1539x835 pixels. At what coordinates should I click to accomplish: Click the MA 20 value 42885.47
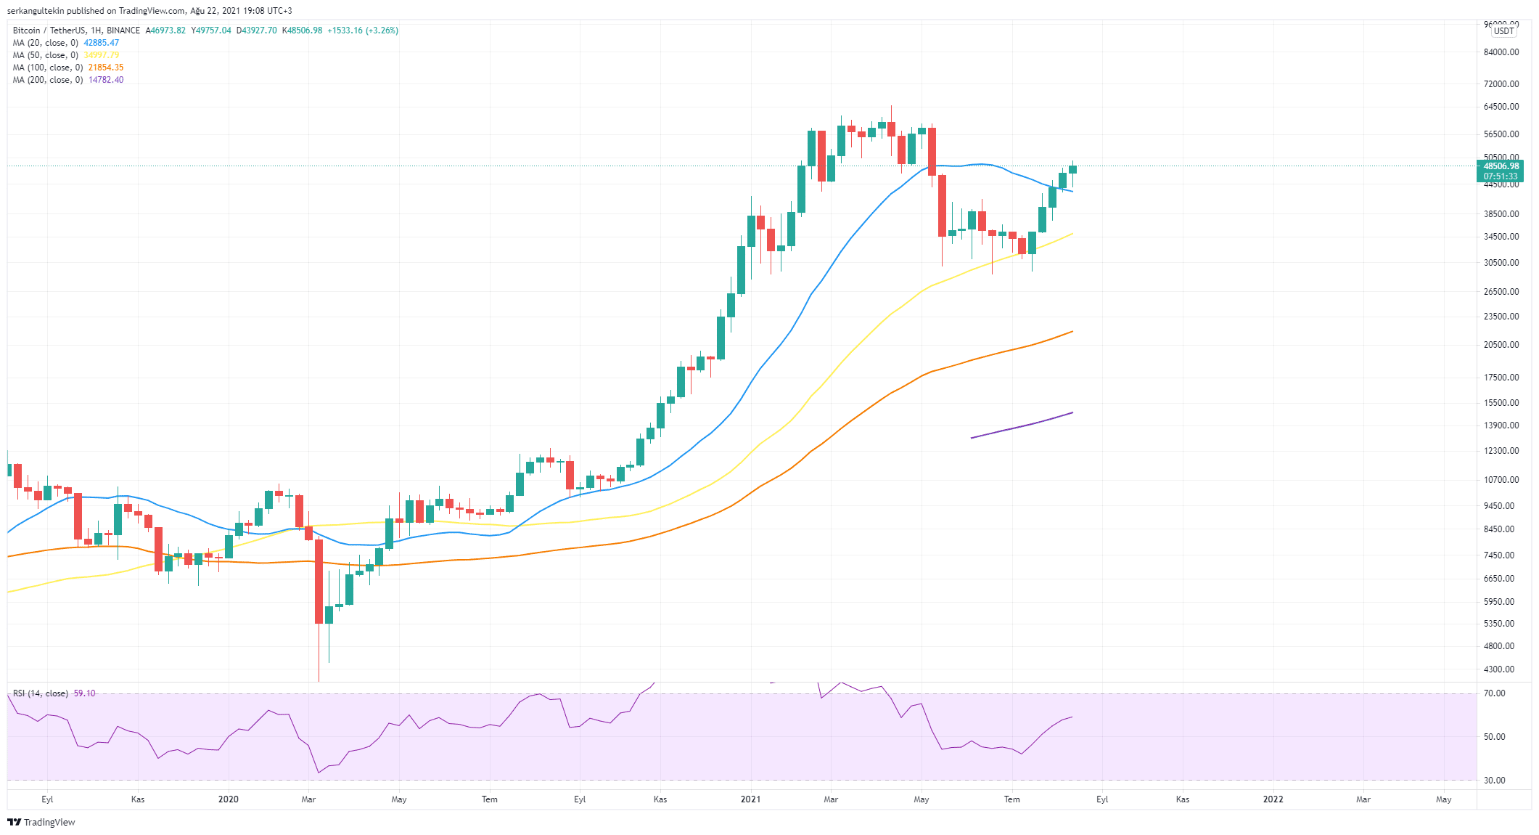tap(101, 43)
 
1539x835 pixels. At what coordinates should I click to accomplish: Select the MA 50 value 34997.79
tap(101, 55)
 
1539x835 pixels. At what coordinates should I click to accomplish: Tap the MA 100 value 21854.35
tap(106, 68)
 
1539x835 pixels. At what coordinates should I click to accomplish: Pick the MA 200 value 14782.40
tap(106, 80)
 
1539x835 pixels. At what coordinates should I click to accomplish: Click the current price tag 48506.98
tap(1501, 166)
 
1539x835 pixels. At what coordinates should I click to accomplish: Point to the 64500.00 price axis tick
tap(1501, 107)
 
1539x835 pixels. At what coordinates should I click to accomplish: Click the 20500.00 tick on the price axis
tap(1501, 345)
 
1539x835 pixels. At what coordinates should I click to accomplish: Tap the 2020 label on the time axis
tap(228, 799)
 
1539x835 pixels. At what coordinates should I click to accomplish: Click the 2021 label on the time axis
tap(750, 799)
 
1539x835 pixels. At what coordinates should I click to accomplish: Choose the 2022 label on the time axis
tap(1273, 799)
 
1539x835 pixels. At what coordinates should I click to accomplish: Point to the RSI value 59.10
tap(84, 693)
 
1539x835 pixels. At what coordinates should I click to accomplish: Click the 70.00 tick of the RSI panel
tap(1494, 693)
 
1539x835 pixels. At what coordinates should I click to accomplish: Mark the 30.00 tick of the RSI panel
tap(1494, 781)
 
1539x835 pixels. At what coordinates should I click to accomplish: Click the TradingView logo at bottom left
tap(41, 822)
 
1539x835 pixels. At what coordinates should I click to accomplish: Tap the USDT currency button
tap(1503, 31)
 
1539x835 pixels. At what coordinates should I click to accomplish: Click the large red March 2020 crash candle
tap(319, 581)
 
